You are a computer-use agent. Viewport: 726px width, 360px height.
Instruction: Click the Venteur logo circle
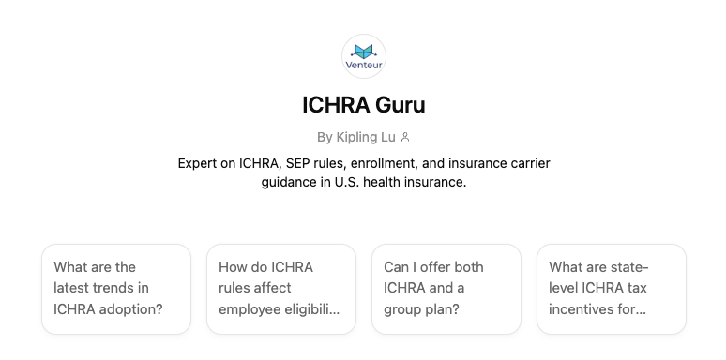point(364,56)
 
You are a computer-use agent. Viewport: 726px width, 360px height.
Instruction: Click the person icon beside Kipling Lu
point(405,137)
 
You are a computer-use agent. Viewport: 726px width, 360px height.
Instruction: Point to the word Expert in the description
point(200,163)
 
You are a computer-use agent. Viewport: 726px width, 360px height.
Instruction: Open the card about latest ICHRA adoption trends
point(116,289)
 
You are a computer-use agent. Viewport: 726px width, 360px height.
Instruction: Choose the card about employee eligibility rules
point(281,289)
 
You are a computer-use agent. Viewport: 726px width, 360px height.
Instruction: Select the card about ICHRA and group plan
point(446,289)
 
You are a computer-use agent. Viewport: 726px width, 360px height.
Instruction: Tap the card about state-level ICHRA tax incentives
point(612,289)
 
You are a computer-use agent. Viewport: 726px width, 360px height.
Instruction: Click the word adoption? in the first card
point(132,308)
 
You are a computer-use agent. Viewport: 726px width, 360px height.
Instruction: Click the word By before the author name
point(325,137)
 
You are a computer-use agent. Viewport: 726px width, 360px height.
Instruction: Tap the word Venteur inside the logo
point(364,67)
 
